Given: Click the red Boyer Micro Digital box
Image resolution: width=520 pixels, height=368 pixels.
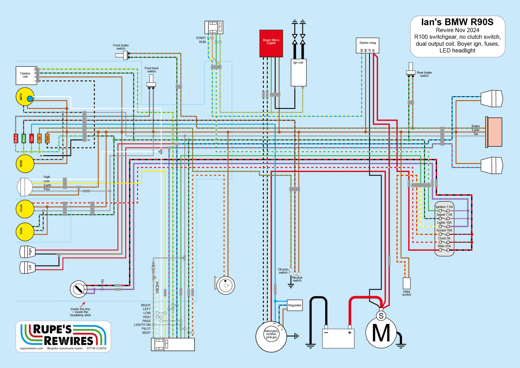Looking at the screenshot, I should coord(271,43).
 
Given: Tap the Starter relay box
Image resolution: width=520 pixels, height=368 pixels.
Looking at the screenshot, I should coord(367,45).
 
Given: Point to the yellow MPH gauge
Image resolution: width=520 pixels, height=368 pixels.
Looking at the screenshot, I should coord(25,97).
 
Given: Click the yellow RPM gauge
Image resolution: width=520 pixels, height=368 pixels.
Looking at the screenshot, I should coord(25,164).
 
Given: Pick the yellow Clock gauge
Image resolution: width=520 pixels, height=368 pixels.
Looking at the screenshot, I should coord(25,209).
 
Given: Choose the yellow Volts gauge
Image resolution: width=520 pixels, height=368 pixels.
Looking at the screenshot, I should coord(25,232).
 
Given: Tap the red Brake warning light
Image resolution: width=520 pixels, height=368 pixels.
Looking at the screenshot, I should coord(16,139).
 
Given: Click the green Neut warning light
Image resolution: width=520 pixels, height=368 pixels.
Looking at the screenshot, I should coord(24,139).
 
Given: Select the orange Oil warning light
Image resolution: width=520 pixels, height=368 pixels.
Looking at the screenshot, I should coord(39,139).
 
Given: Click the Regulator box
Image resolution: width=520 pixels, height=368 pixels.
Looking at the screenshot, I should coord(295,305).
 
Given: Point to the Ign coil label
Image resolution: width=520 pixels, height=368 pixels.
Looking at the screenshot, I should coord(298,63).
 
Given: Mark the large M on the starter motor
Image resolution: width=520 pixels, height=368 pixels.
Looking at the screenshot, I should coord(381,333).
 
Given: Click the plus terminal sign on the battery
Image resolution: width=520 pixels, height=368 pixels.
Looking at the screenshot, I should coord(350,333).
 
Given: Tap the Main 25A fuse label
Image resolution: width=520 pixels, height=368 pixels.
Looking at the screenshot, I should coord(444,246).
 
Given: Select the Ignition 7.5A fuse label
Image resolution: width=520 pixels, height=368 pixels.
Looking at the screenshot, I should coord(444,207).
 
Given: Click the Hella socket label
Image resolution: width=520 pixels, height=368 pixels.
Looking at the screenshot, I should coord(406,293).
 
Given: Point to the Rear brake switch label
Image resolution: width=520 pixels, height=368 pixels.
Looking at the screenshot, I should coord(424,74).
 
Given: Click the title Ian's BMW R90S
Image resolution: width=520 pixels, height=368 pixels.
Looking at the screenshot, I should coord(457,22).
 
